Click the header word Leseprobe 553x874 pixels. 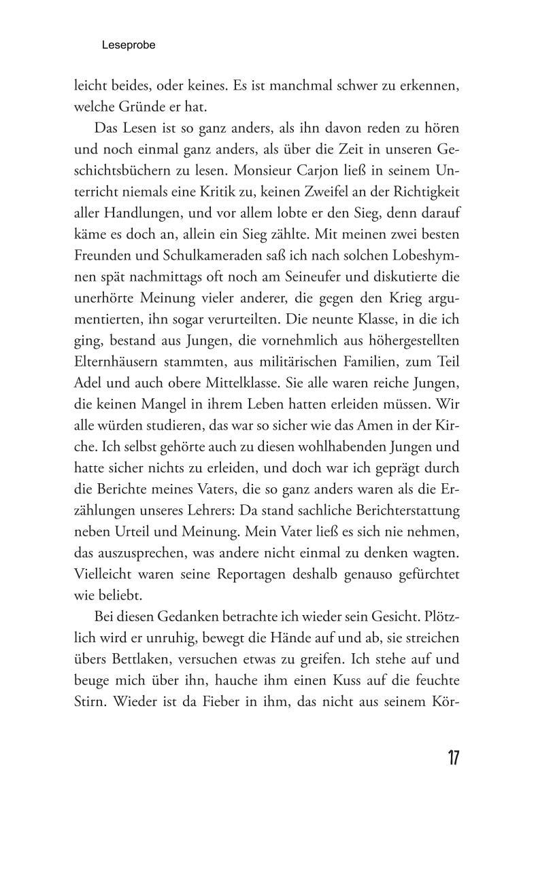click(129, 46)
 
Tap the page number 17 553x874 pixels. click(453, 758)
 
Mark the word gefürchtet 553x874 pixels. click(426, 574)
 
